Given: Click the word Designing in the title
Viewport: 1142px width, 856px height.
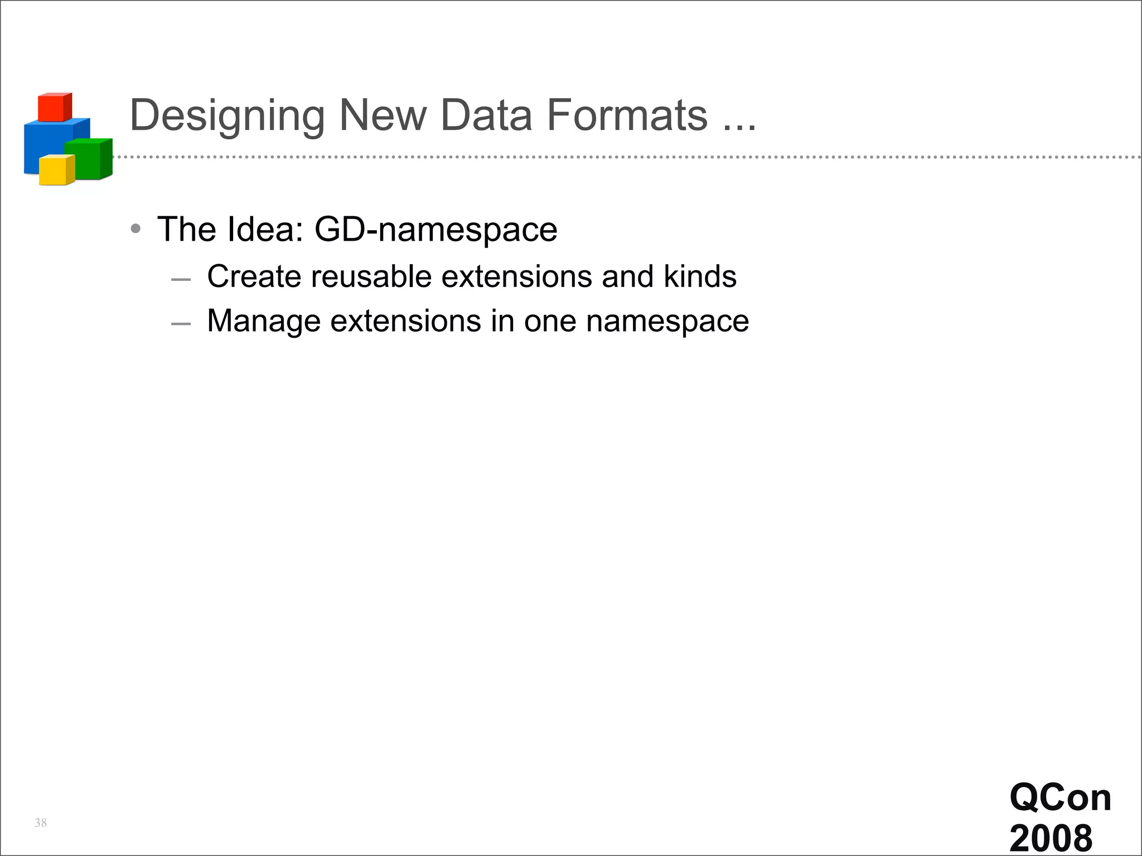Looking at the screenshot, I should click(x=227, y=116).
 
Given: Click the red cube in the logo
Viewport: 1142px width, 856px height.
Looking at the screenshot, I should click(x=54, y=108).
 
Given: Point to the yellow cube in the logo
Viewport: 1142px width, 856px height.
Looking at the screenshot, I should click(x=56, y=170).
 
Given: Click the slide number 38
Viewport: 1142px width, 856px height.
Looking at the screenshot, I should click(x=41, y=823).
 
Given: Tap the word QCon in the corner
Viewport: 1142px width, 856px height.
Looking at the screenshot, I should click(x=1060, y=797).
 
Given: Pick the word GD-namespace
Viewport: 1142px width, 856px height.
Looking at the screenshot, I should click(x=435, y=229).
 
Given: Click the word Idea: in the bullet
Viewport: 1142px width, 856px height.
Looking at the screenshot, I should click(x=265, y=229).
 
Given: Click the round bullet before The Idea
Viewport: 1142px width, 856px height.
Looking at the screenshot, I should click(x=136, y=229).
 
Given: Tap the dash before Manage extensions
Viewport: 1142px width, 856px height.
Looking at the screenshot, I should click(x=181, y=323).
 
